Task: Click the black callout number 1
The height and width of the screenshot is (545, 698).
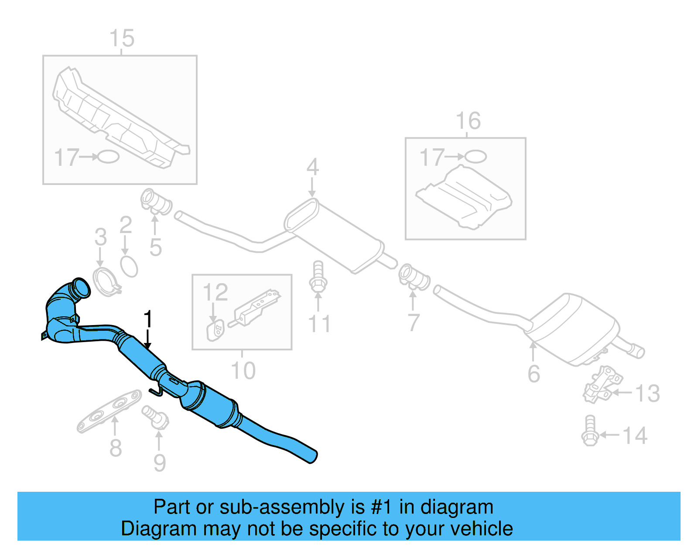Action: (x=148, y=319)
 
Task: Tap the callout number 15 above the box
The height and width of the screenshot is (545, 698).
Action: (x=122, y=38)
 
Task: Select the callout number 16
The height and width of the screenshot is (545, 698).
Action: (x=468, y=121)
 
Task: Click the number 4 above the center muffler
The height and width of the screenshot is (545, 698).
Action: (x=312, y=167)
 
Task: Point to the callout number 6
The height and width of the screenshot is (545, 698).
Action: (x=534, y=374)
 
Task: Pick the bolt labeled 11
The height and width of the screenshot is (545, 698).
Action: (x=318, y=276)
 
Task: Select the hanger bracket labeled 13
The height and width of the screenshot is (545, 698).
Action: (x=603, y=384)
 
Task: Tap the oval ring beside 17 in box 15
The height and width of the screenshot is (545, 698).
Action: (x=108, y=157)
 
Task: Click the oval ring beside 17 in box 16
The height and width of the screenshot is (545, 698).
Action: (x=475, y=156)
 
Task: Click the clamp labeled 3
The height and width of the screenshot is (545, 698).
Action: (x=105, y=282)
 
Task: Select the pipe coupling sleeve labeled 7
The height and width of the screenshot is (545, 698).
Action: (x=414, y=276)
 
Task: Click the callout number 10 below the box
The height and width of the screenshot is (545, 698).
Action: (x=243, y=371)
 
